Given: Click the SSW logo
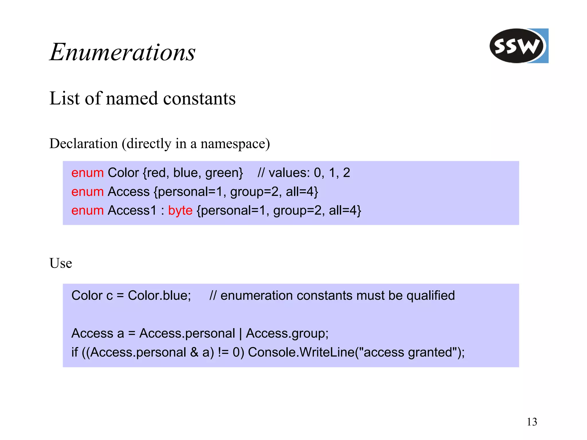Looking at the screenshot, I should (518, 46).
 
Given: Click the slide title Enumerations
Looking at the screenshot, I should (123, 52).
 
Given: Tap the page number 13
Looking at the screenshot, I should (532, 422).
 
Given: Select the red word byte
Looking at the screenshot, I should (180, 211).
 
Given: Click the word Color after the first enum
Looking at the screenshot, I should (123, 173).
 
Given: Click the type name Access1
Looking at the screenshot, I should (132, 211).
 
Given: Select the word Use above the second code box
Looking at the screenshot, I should (60, 263).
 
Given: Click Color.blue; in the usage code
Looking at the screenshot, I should (159, 295).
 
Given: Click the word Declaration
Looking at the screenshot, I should (83, 143).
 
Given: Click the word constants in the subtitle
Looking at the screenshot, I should (199, 98).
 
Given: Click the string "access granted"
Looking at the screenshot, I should (409, 352).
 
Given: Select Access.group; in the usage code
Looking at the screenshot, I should (287, 333).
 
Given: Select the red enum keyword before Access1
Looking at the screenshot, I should (87, 211).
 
